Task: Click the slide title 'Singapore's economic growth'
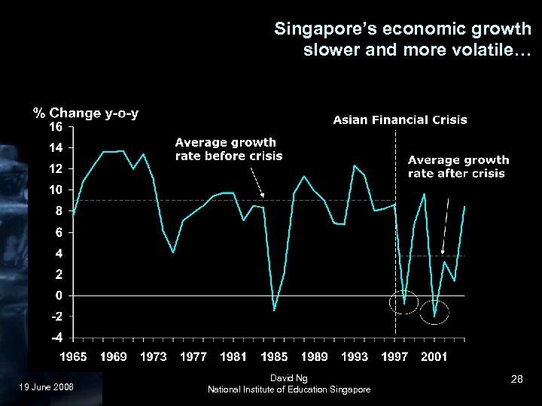point(403,29)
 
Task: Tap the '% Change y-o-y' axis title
point(86,114)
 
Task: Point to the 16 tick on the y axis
point(56,127)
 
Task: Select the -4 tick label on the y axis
point(56,338)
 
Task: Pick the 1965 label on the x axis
point(73,356)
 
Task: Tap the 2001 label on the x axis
point(435,356)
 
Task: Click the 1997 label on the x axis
point(395,356)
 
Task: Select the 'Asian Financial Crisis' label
point(400,120)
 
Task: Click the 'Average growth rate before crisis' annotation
point(228,149)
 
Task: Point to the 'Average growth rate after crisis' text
point(458,166)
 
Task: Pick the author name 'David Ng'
point(289,377)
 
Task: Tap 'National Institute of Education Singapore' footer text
point(289,389)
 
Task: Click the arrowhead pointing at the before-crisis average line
point(262,195)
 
